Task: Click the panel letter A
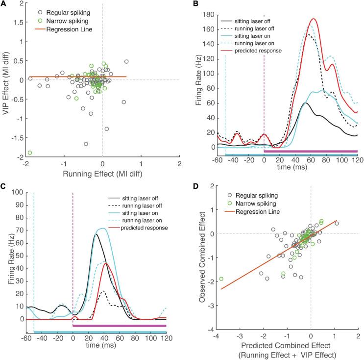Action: pos(4,4)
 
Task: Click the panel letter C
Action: pos(4,187)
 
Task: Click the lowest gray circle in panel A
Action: pos(86,144)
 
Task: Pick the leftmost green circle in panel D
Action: pos(221,292)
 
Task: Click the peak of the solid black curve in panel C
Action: pos(96,234)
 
